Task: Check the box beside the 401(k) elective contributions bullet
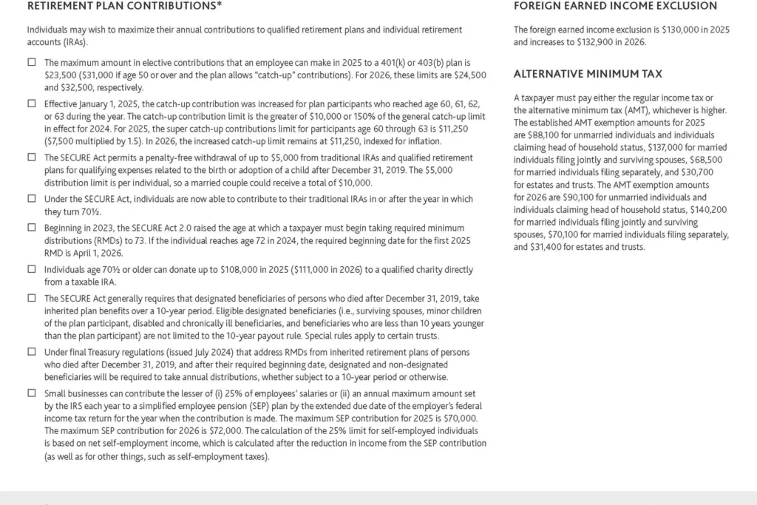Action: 32,63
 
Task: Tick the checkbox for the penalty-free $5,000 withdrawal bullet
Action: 32,157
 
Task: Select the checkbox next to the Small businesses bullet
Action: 32,393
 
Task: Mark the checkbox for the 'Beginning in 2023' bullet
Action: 32,228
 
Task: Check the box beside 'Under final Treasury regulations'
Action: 32,352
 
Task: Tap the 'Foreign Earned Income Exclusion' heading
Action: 615,6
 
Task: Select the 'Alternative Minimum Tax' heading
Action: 588,74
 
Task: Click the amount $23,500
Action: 61,75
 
